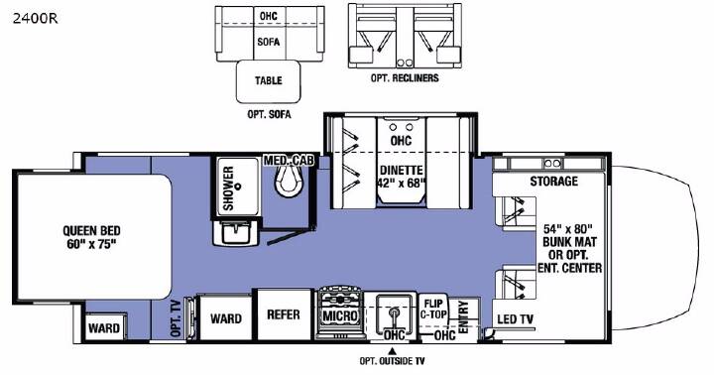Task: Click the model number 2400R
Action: pos(35,19)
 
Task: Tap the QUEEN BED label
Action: pos(91,230)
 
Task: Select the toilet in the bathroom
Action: pos(289,180)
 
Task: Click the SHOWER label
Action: pos(229,188)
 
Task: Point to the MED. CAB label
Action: pos(289,161)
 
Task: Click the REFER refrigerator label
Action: pos(284,314)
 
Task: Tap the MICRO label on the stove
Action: pos(340,315)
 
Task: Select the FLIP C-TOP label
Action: pos(433,309)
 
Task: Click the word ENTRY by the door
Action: pos(464,317)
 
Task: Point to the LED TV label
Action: pos(515,319)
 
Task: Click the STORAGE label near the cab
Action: pos(553,182)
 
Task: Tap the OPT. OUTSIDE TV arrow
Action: pos(391,351)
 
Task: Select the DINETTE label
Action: pos(402,171)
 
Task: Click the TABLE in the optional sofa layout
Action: pos(268,81)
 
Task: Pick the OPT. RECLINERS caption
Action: pos(405,78)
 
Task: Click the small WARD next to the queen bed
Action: pos(104,328)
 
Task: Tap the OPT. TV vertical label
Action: pos(176,318)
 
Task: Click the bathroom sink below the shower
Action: pos(237,232)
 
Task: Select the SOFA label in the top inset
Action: pos(268,42)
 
